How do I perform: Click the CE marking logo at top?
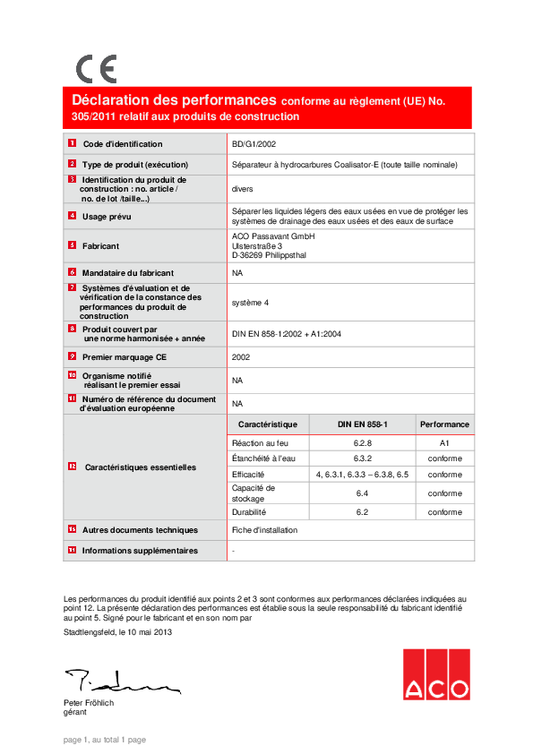point(96,69)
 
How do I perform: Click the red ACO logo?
point(435,674)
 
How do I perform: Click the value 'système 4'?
point(250,303)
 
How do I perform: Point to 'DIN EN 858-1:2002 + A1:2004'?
point(286,334)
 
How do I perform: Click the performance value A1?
point(444,443)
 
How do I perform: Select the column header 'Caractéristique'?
point(268,424)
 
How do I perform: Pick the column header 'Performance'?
point(444,424)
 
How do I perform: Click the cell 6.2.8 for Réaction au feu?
point(363,443)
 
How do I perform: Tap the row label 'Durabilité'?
point(249,512)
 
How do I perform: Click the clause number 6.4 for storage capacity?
point(363,493)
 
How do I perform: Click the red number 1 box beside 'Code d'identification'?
point(72,143)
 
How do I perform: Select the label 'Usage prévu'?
point(107,217)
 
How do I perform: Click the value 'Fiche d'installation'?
point(264,530)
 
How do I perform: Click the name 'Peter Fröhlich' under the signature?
point(89,703)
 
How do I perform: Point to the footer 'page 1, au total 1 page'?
point(105,740)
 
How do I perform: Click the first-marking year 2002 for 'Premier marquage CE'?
point(241,356)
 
